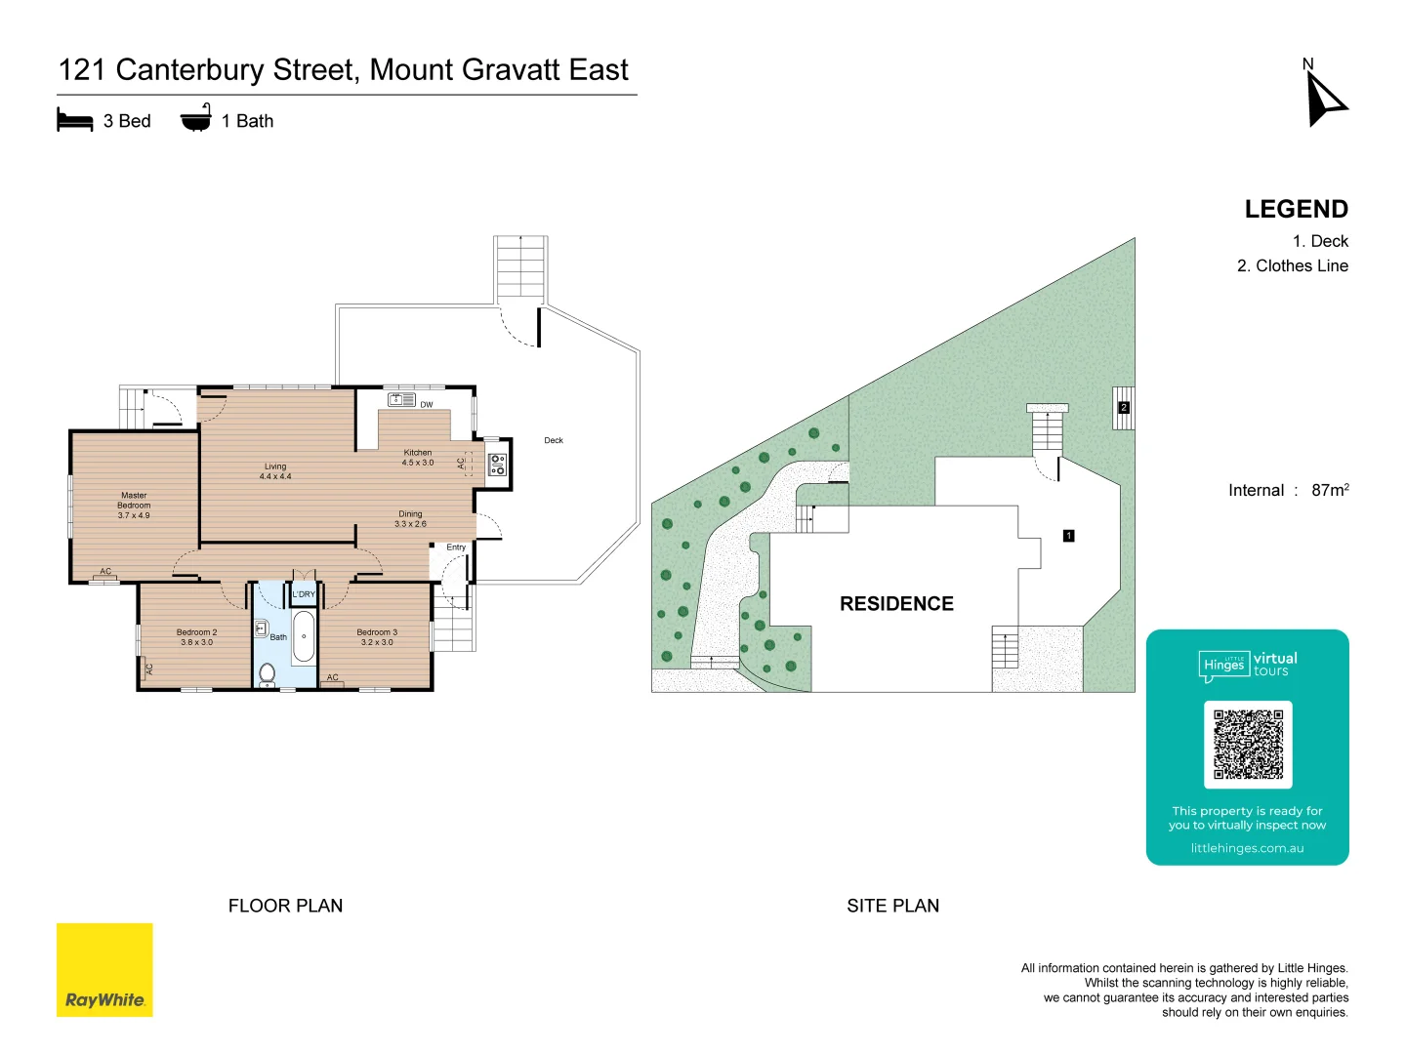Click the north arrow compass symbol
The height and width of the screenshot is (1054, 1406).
coord(1325,98)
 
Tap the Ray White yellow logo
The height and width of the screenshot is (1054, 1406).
coord(104,969)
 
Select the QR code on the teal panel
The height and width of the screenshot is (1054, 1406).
coord(1248,744)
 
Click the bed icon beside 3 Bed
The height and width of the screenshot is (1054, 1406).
coord(75,121)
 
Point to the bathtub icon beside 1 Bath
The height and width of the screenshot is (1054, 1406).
coord(195,118)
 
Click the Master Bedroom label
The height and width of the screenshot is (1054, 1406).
coord(134,506)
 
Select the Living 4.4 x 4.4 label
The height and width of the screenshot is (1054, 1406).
coord(275,471)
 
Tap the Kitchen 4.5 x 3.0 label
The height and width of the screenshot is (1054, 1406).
coord(418,458)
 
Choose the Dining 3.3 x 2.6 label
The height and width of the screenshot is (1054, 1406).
coord(410,519)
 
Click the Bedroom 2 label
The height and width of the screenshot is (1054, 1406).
coord(196,637)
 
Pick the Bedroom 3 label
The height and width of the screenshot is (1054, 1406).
coord(377,637)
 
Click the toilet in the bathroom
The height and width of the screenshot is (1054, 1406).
coord(267,673)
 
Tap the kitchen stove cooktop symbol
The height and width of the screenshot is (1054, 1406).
coord(497,465)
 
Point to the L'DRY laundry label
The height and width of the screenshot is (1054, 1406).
coord(304,594)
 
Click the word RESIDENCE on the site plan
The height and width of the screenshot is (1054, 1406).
coord(896,604)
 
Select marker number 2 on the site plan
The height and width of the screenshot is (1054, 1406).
coord(1124,408)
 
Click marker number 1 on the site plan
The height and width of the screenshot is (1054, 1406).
coord(1069,536)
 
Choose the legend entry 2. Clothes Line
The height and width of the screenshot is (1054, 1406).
coord(1292,265)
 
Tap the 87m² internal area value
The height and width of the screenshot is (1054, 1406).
coord(1330,490)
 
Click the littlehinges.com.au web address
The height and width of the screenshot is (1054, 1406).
coord(1247,848)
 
